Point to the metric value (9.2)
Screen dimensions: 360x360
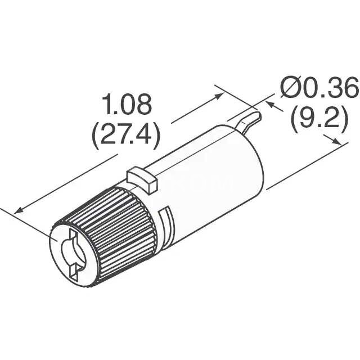(x=319, y=119)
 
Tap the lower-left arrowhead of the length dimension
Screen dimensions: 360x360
(x=19, y=210)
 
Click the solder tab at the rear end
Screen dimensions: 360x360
(x=249, y=122)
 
